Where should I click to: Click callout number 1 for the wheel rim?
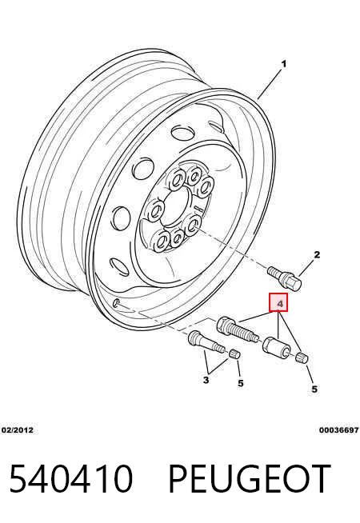283,63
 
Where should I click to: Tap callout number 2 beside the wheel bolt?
317,254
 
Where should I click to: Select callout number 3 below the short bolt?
206,380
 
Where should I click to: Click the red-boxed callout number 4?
278,302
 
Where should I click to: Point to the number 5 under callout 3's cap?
241,383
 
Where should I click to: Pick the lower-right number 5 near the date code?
314,389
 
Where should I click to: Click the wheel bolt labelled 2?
284,278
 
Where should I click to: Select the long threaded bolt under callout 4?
238,329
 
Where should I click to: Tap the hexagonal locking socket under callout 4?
277,348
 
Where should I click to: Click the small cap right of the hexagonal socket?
302,358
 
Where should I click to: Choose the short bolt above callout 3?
205,342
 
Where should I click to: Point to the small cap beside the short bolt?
235,353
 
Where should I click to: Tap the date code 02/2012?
18,430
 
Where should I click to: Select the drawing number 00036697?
338,430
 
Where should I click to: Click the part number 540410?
71,479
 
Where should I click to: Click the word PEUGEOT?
250,479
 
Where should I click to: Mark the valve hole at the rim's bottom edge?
117,303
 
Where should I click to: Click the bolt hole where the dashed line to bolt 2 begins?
192,226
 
